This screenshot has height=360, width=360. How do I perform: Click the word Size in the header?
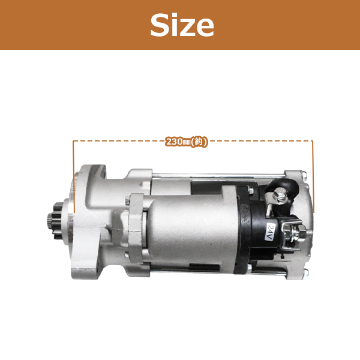coord(182,25)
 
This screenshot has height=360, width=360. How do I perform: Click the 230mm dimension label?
coord(186,142)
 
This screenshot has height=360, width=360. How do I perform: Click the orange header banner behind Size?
coord(60,25)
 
